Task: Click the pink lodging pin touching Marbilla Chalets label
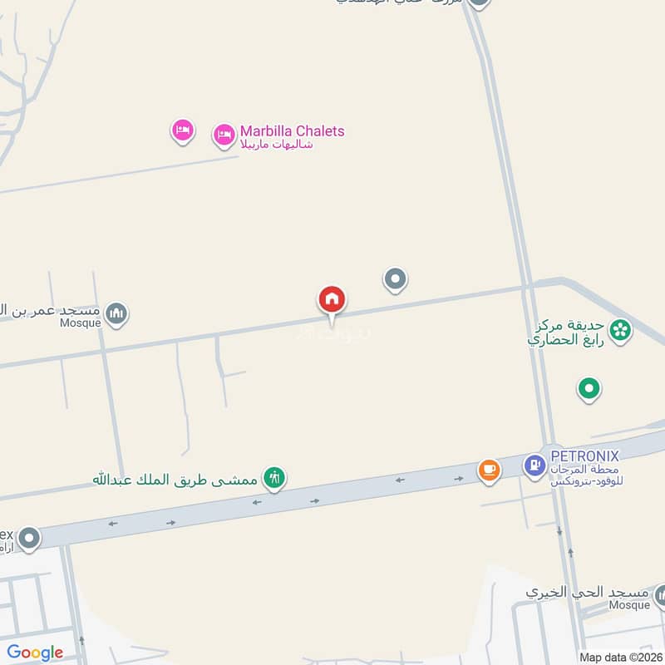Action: coord(224,135)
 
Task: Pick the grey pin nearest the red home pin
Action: coord(395,280)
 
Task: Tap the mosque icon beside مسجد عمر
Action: coord(117,313)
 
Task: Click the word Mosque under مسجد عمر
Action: coord(81,323)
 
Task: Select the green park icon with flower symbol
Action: coord(619,330)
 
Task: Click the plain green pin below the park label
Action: coord(589,387)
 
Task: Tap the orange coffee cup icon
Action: coord(489,470)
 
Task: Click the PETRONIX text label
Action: coord(584,456)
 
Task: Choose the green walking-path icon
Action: coord(273,477)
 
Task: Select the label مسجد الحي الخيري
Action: coord(586,592)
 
